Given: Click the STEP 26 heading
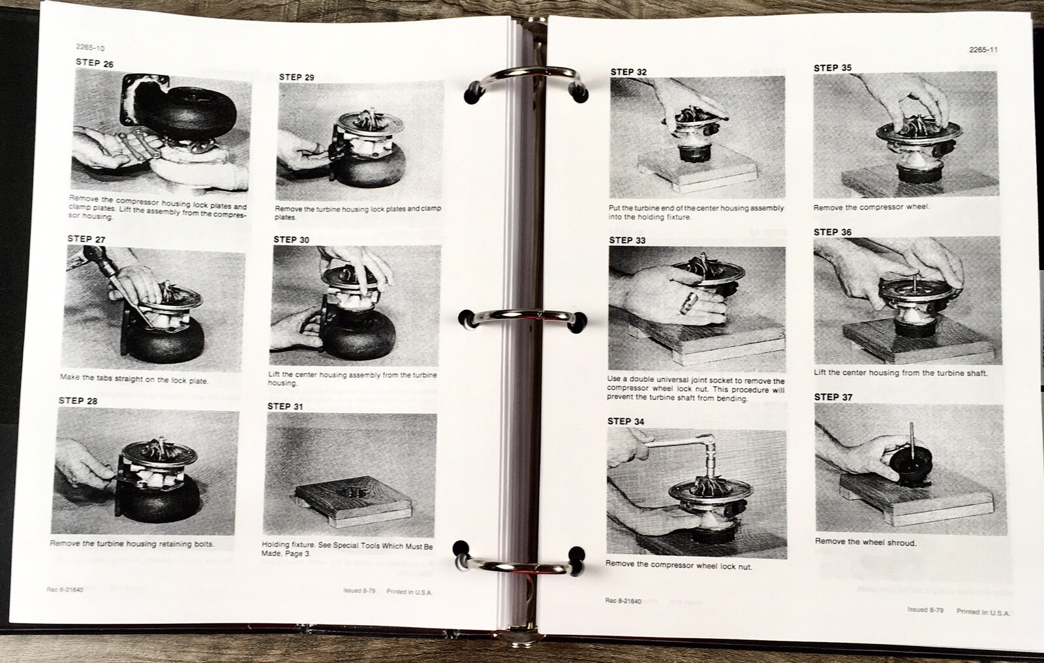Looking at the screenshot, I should pos(94,63).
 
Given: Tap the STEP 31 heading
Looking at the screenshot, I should pos(285,406).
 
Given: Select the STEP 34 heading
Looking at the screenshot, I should pos(625,421).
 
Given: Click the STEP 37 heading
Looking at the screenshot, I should pos(833,397).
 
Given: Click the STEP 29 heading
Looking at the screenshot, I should pos(296,77).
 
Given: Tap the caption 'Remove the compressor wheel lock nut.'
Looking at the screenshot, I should pos(679,566).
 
